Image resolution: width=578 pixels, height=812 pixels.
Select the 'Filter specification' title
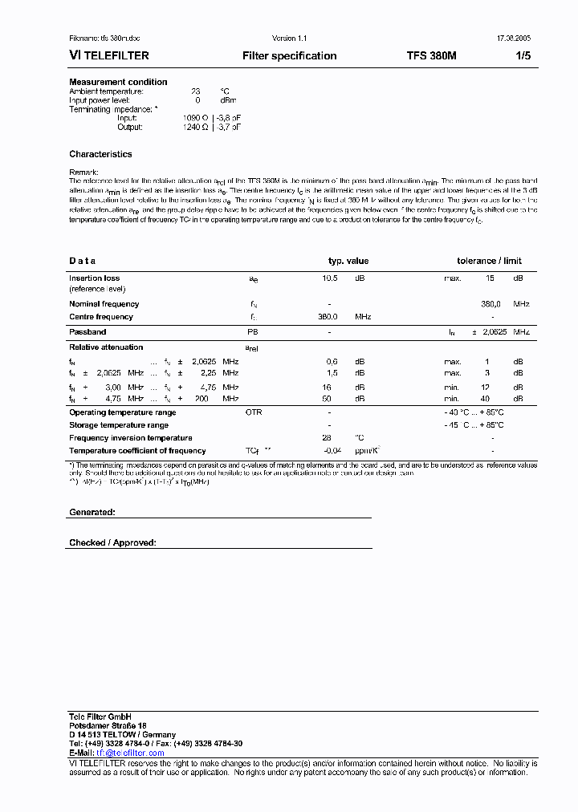tap(290, 56)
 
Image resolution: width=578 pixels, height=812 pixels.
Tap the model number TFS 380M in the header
tap(431, 56)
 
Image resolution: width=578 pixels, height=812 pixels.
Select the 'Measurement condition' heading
tap(118, 82)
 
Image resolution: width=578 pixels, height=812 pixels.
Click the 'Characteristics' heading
tap(100, 154)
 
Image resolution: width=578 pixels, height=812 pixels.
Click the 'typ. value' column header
tap(348, 261)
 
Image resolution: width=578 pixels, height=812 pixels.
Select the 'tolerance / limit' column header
tap(489, 261)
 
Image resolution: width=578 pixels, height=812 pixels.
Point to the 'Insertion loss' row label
tap(95, 278)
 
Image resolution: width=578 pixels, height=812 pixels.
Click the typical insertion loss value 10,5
tap(330, 278)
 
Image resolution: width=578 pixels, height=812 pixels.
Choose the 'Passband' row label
tap(88, 331)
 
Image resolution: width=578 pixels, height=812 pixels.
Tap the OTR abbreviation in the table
tap(254, 412)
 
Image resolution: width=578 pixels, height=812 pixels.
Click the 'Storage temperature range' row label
tap(119, 425)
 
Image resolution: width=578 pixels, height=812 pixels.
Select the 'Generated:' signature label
tap(92, 512)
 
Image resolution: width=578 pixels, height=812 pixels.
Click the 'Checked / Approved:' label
tap(112, 543)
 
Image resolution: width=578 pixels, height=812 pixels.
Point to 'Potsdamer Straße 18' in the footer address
tap(108, 725)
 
